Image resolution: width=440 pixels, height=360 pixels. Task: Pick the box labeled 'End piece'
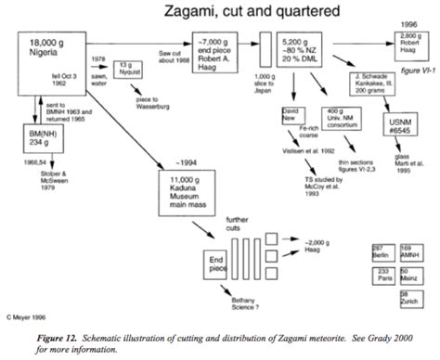point(219,264)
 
